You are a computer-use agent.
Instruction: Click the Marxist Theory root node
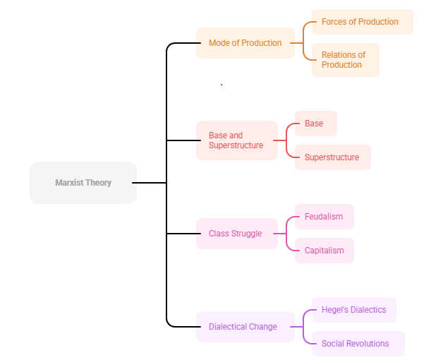click(83, 183)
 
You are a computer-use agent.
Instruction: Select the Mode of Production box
click(245, 43)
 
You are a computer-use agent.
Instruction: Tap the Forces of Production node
click(362, 22)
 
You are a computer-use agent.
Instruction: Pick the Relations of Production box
click(345, 60)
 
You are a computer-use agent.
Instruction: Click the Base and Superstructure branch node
click(236, 140)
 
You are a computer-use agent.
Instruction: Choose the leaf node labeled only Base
click(315, 124)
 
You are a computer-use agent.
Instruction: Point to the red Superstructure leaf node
click(332, 157)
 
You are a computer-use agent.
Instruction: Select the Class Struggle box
click(236, 234)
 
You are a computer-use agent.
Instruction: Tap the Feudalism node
click(324, 217)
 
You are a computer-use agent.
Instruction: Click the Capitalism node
click(324, 251)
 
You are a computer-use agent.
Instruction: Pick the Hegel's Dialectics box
click(353, 310)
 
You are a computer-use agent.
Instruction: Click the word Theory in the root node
click(98, 183)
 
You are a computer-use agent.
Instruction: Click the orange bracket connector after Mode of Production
click(303, 43)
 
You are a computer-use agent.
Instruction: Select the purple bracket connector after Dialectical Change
click(303, 327)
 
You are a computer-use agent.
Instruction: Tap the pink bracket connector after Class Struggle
click(286, 234)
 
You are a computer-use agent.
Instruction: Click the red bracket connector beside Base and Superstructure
click(286, 140)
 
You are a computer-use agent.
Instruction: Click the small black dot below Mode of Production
click(221, 85)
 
